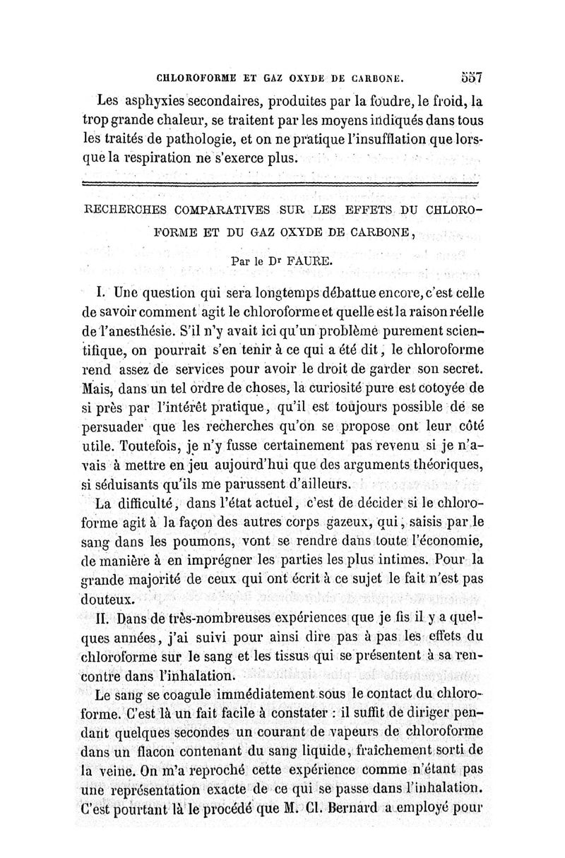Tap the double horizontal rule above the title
pos(280,184)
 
